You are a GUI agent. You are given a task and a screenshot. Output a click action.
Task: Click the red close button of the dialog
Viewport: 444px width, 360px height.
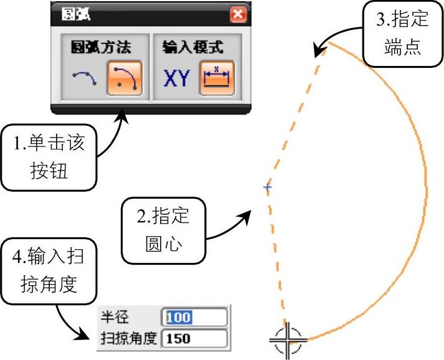237,14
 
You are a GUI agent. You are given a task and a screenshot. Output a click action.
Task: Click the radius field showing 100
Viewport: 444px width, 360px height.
195,318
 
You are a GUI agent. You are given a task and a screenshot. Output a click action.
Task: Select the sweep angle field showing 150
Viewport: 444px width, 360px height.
195,339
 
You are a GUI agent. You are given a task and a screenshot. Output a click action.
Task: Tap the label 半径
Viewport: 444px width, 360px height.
113,318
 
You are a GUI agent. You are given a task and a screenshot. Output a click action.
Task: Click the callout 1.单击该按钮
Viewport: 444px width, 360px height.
49,156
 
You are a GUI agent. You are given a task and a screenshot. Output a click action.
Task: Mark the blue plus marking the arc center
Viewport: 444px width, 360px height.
267,187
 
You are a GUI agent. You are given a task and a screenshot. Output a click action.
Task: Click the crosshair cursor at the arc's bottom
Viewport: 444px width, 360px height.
288,340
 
